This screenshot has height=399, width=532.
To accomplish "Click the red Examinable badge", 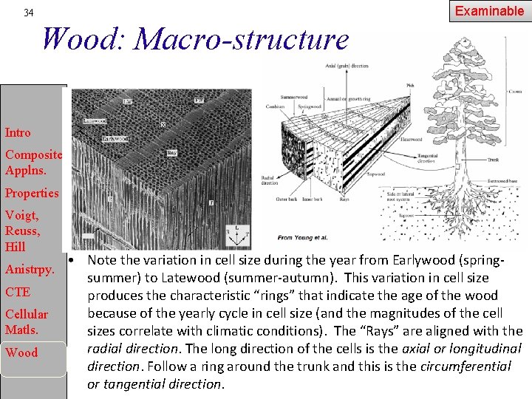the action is (x=490, y=11).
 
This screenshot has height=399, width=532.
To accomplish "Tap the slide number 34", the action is (x=28, y=13).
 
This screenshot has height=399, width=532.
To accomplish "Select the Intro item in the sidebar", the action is (x=18, y=133).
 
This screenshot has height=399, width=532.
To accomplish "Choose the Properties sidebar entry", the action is (x=32, y=193).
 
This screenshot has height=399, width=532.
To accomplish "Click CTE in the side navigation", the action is (x=18, y=292).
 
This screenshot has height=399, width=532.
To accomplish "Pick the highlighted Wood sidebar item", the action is (x=21, y=352).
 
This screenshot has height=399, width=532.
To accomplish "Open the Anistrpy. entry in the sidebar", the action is (x=30, y=270).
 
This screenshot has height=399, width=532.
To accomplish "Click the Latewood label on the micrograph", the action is (x=95, y=119).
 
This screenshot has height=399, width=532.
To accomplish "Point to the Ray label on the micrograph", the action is (x=172, y=152).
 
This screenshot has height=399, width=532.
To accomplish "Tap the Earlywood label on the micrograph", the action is (x=115, y=138).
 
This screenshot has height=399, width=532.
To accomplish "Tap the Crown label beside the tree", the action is (x=514, y=92).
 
